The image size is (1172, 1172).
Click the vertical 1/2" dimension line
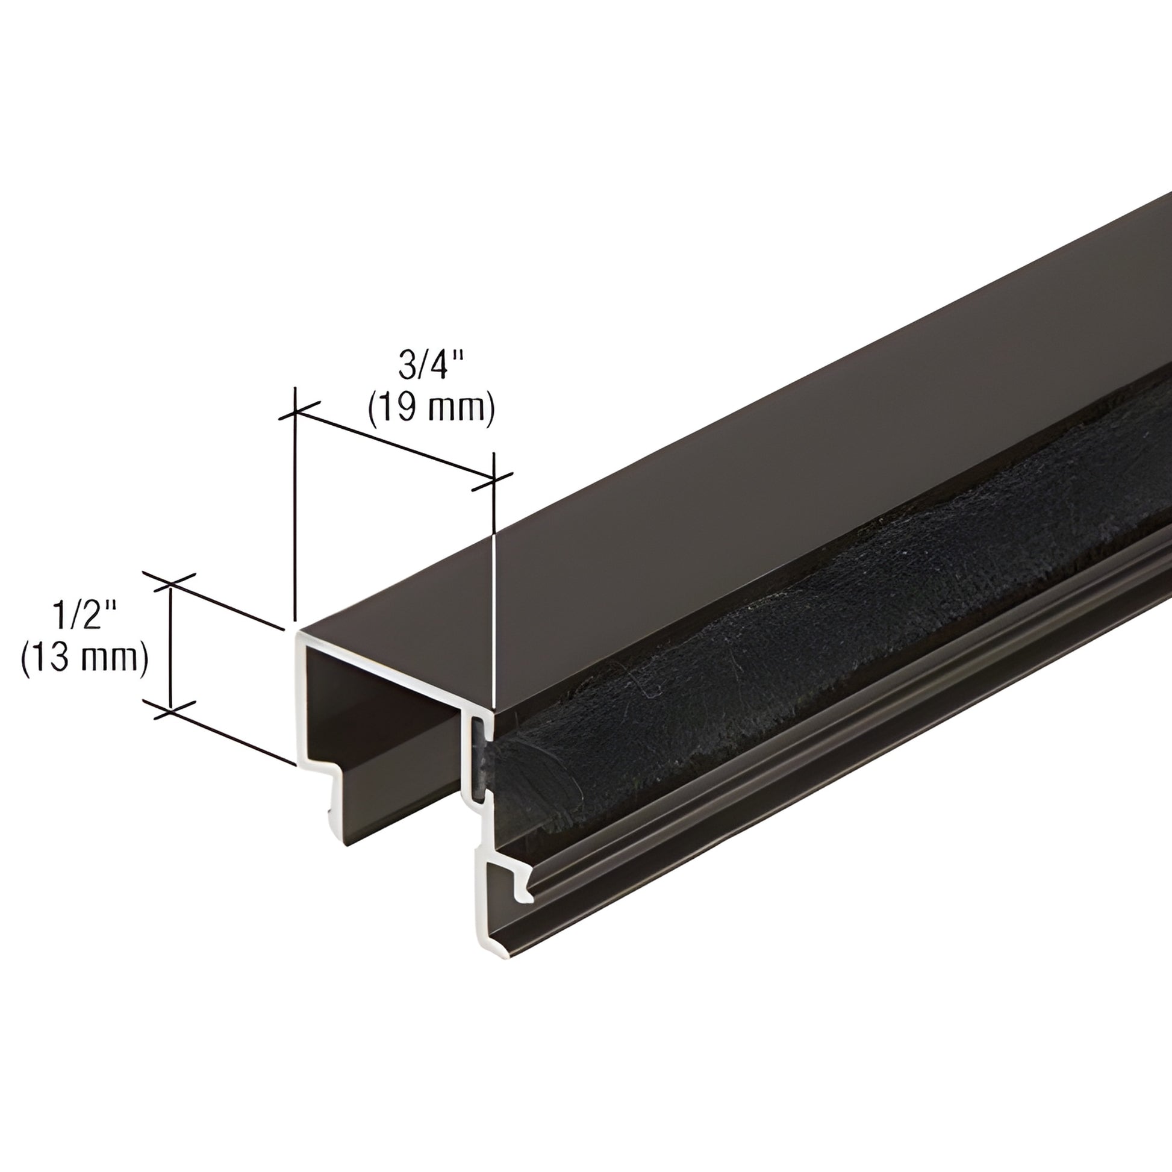coord(170,646)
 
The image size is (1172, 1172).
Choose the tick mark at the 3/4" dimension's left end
coord(295,412)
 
